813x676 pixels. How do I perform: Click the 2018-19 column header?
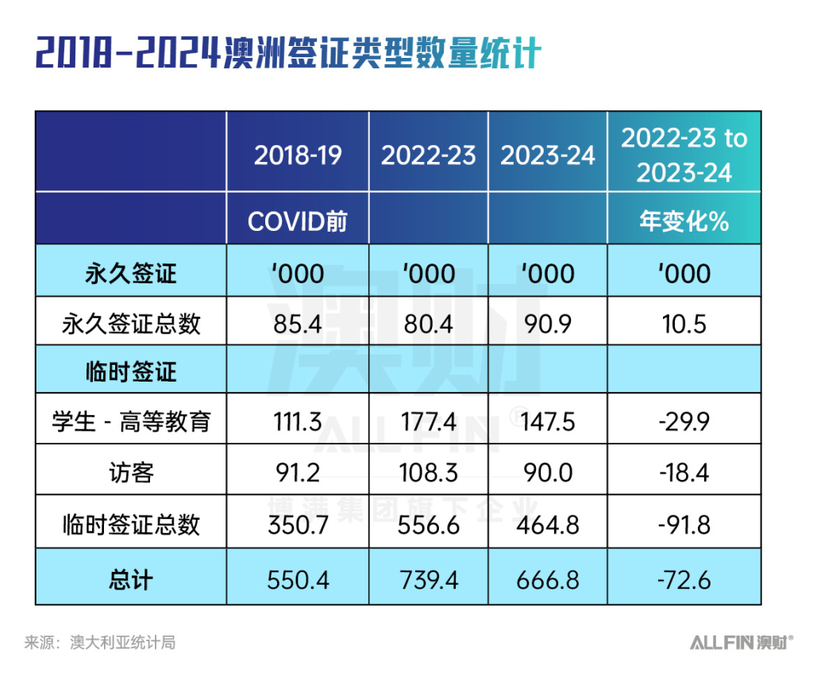[x=298, y=155]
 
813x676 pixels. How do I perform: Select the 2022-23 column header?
[x=429, y=155]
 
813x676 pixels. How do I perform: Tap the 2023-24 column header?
[x=548, y=155]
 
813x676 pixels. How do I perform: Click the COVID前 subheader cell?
[x=298, y=221]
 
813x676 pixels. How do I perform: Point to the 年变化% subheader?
[x=684, y=221]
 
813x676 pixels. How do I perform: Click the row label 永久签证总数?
[x=131, y=323]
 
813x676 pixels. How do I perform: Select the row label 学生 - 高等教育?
[x=131, y=421]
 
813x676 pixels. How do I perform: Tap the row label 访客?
[x=131, y=473]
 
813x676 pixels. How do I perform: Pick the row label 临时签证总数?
[x=131, y=524]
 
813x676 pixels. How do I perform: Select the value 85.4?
[x=298, y=323]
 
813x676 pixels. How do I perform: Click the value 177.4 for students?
[x=429, y=421]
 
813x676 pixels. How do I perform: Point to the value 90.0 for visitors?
[x=548, y=473]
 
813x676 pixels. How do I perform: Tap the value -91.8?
[x=684, y=524]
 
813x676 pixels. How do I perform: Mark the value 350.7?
[x=298, y=524]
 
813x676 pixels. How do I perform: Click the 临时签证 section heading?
[x=131, y=371]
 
